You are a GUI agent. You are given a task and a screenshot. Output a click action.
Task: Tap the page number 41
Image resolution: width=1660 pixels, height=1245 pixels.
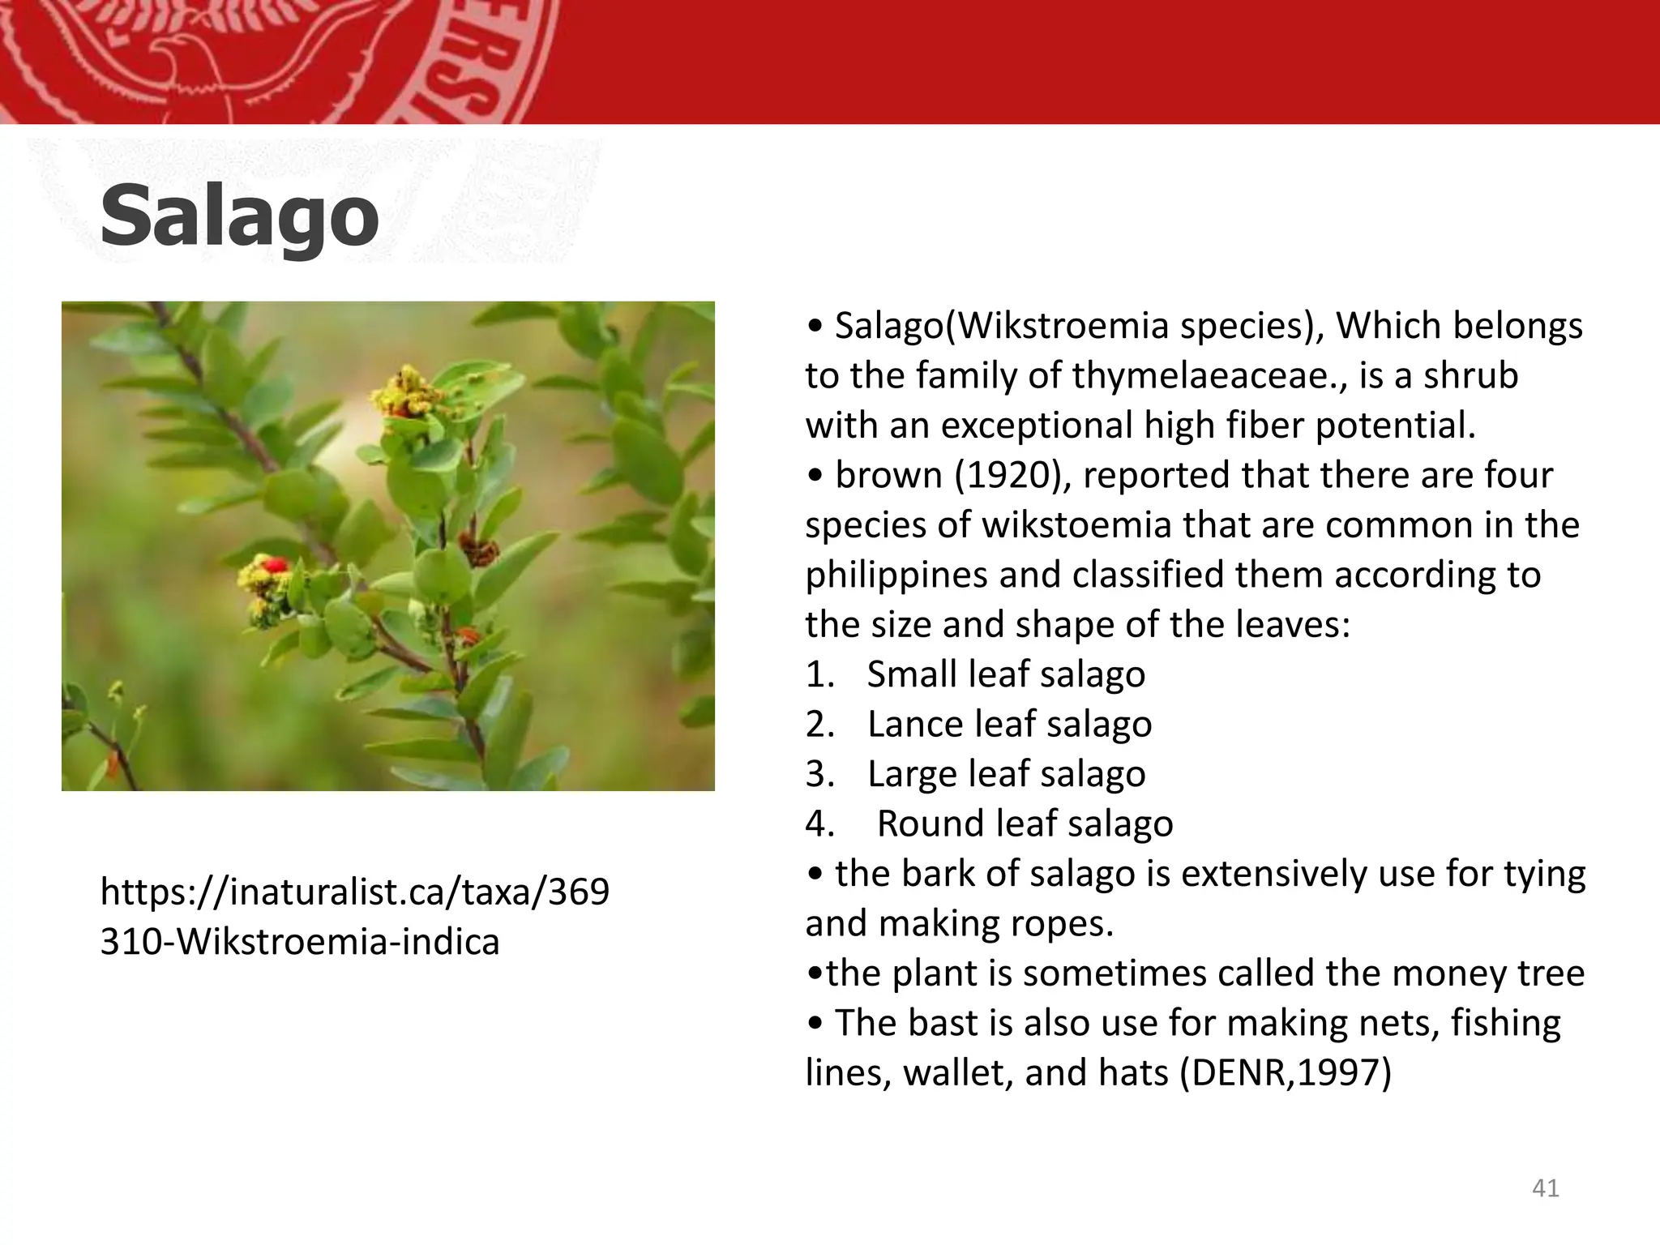pos(1546,1188)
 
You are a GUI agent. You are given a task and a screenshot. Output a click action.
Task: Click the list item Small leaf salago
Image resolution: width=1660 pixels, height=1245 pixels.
pos(1005,674)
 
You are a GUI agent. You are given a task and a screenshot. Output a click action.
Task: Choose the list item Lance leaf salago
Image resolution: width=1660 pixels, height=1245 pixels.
pos(1008,725)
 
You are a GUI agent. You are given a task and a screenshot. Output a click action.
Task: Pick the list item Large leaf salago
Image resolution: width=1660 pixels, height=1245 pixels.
pos(1006,774)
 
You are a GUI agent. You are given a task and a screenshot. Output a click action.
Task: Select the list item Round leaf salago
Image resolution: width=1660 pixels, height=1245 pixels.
pos(1025,824)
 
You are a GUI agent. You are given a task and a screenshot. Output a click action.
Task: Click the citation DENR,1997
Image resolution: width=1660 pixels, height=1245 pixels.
pos(1285,1073)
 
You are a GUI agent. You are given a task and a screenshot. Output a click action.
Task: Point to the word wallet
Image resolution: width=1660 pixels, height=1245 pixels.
pos(957,1073)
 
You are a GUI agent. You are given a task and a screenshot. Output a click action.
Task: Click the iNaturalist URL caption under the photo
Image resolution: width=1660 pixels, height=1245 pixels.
pos(354,917)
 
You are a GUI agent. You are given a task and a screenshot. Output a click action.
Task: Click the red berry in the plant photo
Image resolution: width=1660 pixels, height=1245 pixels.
pos(276,563)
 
